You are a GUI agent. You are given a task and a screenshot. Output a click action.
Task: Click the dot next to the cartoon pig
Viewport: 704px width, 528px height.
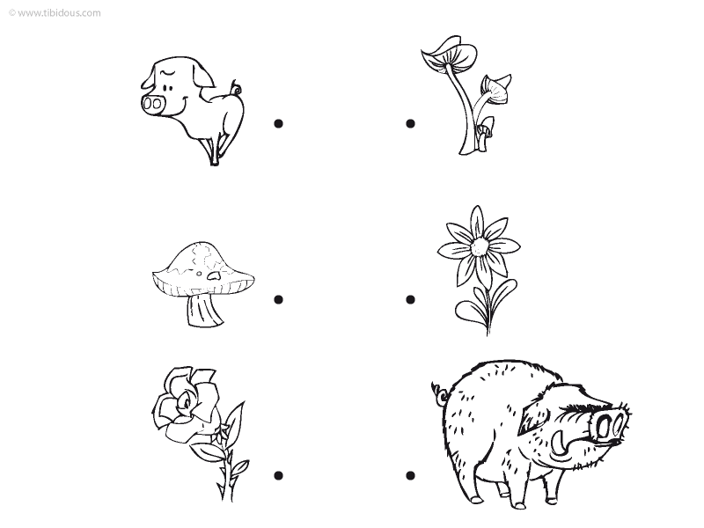click(x=278, y=123)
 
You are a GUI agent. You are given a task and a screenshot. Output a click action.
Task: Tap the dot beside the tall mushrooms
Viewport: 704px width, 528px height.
click(x=410, y=123)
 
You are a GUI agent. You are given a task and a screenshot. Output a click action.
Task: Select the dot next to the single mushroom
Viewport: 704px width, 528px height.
click(x=278, y=299)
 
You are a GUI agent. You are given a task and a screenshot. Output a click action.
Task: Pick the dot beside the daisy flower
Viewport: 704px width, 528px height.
click(x=410, y=299)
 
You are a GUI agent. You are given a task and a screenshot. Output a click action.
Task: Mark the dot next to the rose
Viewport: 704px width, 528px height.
click(x=278, y=475)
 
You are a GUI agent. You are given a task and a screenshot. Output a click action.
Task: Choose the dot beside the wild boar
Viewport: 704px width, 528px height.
click(x=410, y=475)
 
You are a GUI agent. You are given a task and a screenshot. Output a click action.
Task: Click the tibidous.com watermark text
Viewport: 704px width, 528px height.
click(x=55, y=12)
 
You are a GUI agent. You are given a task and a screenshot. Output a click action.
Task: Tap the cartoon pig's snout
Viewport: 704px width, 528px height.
click(x=152, y=104)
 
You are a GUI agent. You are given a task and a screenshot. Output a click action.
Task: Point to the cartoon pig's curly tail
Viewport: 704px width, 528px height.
click(x=235, y=87)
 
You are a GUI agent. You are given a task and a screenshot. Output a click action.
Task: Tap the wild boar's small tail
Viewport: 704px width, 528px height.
click(x=439, y=392)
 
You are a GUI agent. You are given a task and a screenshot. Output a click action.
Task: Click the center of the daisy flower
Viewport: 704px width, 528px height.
click(x=480, y=246)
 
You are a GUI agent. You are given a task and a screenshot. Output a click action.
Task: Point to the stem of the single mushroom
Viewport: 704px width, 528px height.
click(x=203, y=310)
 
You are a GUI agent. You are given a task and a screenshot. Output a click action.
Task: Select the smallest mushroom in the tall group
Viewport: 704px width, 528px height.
click(x=485, y=133)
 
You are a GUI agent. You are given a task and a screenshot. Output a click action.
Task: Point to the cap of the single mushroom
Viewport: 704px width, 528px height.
click(x=203, y=269)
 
